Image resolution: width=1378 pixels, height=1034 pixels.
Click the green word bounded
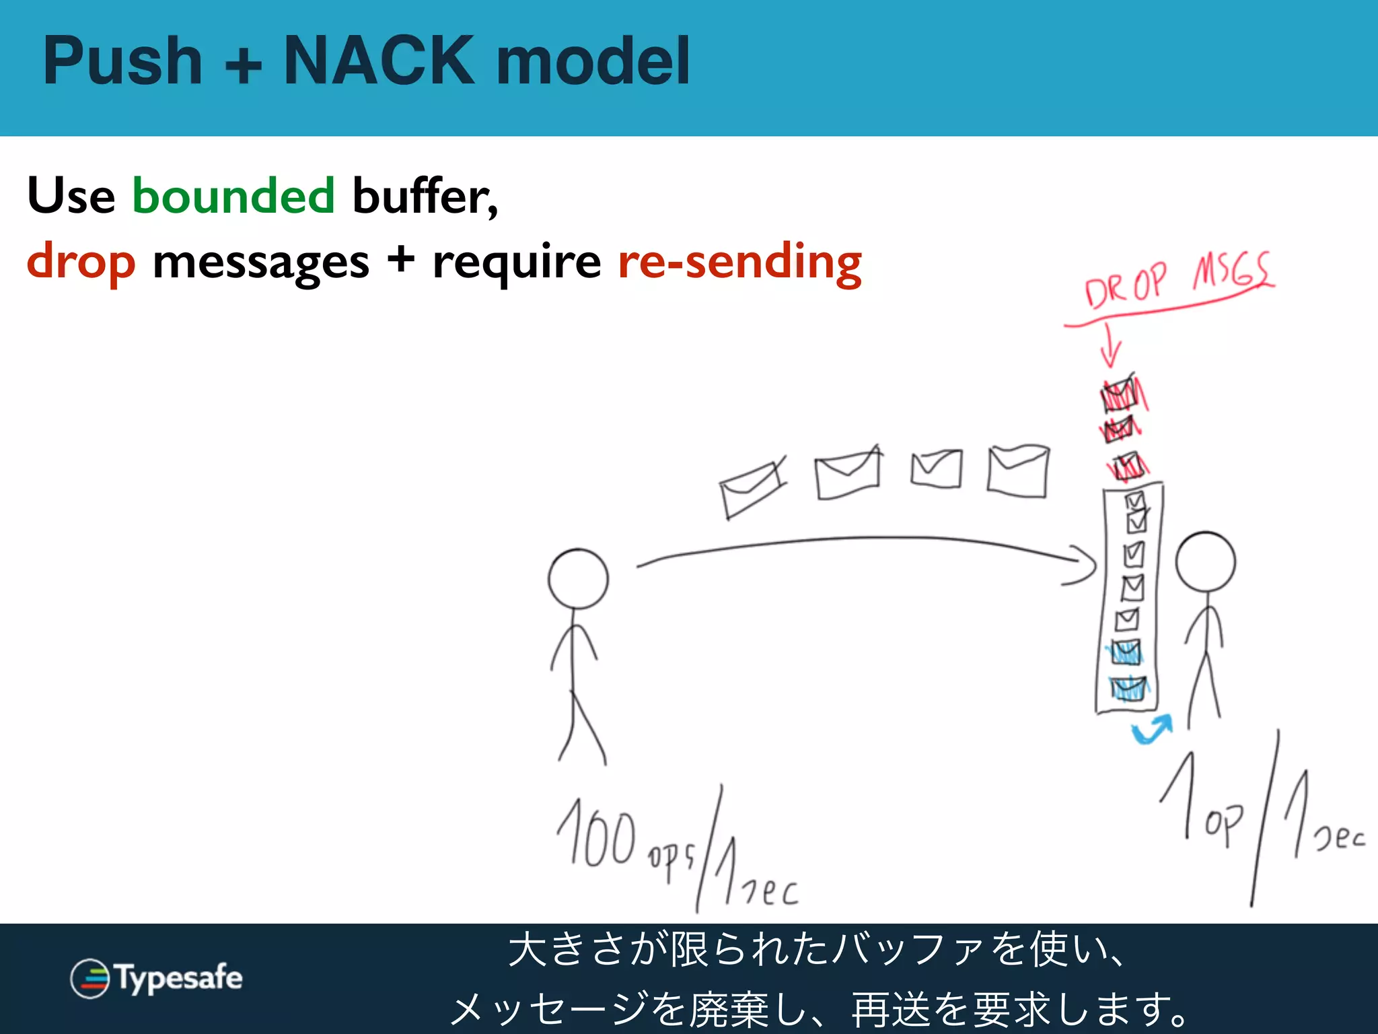pos(233,196)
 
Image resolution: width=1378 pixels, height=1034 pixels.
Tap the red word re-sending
pos(739,261)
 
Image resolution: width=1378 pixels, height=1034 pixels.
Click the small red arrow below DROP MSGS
pos(1110,347)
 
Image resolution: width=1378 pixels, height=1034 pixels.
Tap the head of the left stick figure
pos(578,579)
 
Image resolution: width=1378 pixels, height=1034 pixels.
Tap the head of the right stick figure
pos(1205,563)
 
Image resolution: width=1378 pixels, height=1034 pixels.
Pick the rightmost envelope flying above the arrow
pos(1018,471)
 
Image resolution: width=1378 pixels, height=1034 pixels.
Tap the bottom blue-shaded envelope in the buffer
pos(1127,689)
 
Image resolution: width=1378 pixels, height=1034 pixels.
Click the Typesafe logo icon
pos(89,978)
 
